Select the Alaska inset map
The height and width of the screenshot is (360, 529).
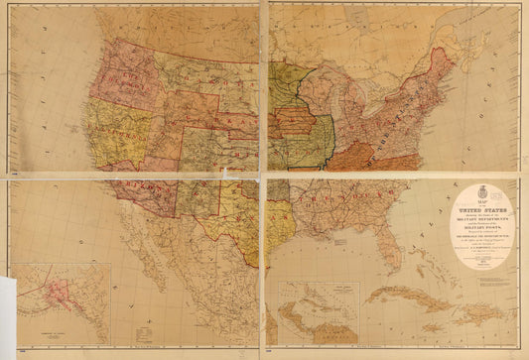60,302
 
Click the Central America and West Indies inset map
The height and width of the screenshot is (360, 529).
318,312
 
